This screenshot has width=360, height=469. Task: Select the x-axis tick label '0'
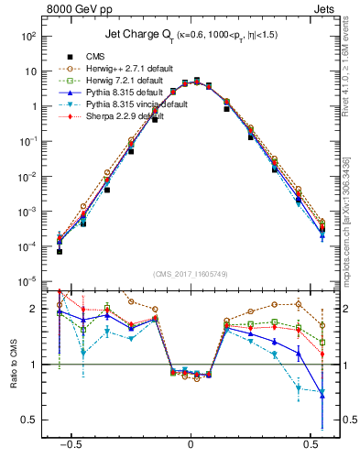click(191, 442)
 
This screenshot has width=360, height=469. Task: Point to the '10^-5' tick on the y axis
click(27, 281)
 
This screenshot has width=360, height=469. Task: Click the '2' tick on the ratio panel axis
click(36, 309)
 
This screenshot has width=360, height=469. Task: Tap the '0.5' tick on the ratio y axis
click(31, 420)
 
